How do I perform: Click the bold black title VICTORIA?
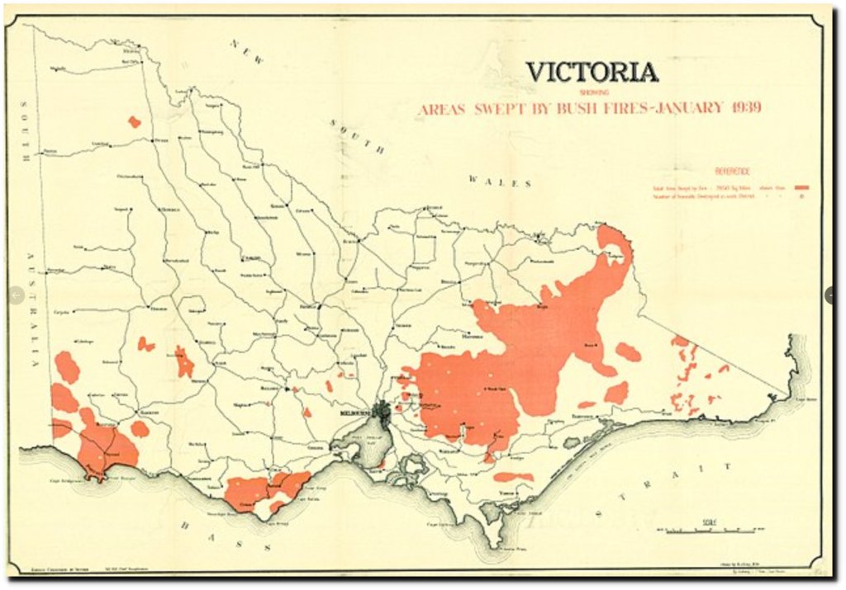coord(592,73)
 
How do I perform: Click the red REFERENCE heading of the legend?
coord(732,171)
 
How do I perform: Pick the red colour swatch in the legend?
coord(801,188)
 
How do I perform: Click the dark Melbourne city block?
coord(382,409)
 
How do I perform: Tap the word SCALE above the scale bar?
coord(709,522)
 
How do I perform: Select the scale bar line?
coord(709,530)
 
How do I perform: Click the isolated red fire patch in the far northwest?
coord(134,122)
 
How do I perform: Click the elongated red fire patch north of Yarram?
coord(513,477)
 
